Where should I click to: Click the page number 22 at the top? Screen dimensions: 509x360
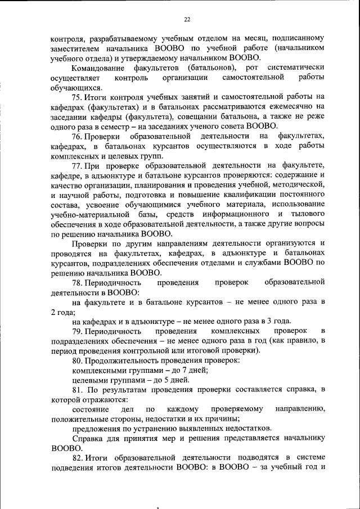[x=187, y=19]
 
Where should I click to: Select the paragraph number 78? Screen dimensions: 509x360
[x=78, y=281]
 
